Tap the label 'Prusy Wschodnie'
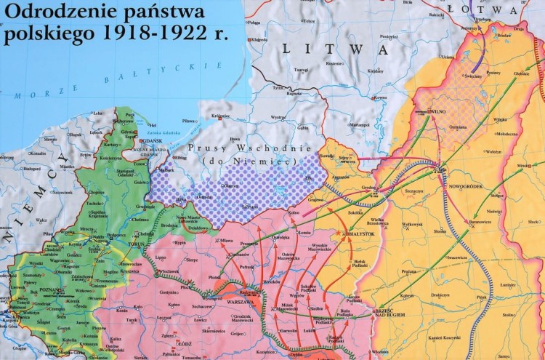click(x=232, y=148)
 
